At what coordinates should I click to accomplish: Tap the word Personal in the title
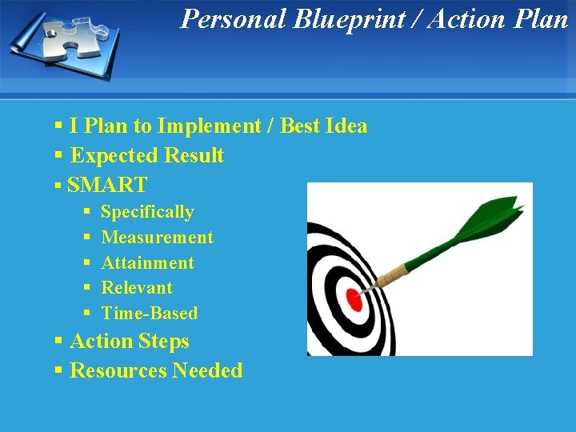[x=233, y=18]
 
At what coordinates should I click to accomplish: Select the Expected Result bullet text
[x=147, y=155]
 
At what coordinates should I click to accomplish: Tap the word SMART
[x=107, y=185]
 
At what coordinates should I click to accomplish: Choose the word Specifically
[x=147, y=212]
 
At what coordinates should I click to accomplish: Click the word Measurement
[x=157, y=238]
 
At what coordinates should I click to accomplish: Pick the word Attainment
[x=147, y=262]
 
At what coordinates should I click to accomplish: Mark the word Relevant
[x=137, y=287]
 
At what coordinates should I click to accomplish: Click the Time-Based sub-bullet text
[x=149, y=313]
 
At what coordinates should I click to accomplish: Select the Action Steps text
[x=130, y=341]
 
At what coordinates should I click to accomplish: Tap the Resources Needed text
[x=156, y=370]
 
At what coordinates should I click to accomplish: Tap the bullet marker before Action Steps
[x=58, y=342]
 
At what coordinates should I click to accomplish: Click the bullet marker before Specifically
[x=86, y=213]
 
